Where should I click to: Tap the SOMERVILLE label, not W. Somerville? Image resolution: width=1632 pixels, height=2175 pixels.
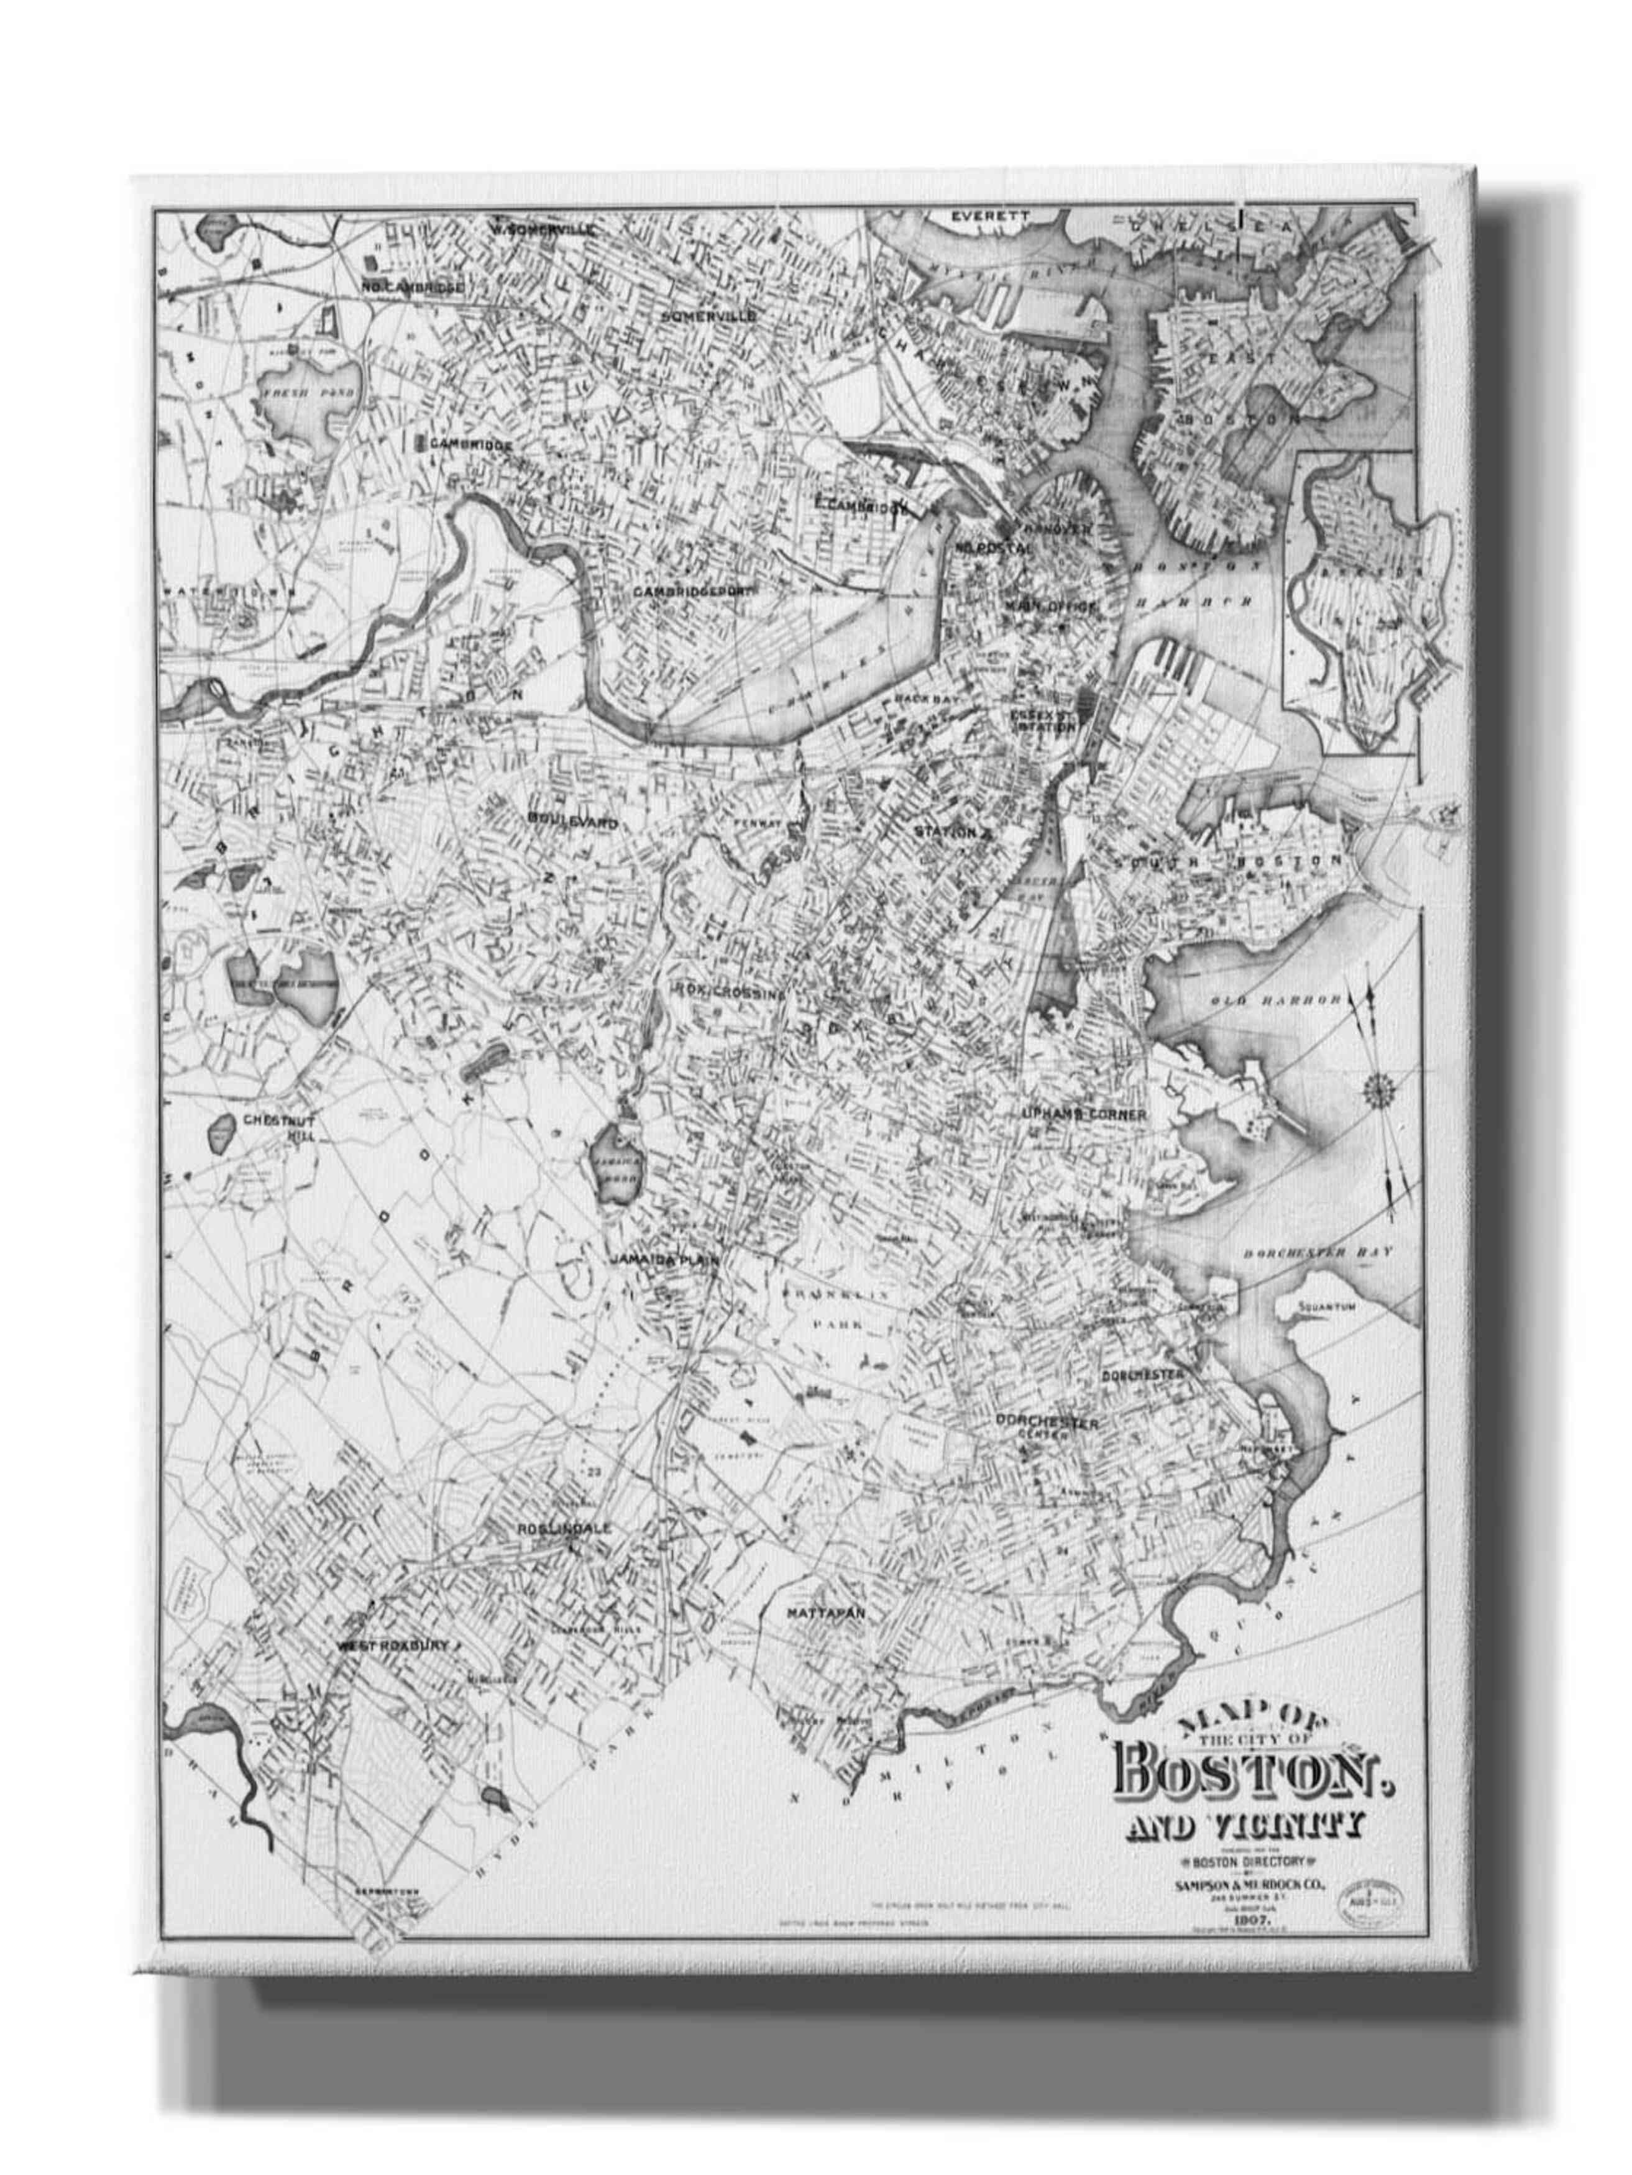(x=708, y=316)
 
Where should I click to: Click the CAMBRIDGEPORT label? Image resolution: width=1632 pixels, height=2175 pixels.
(x=693, y=592)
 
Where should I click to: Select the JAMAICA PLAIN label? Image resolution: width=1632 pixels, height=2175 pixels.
(x=664, y=1260)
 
